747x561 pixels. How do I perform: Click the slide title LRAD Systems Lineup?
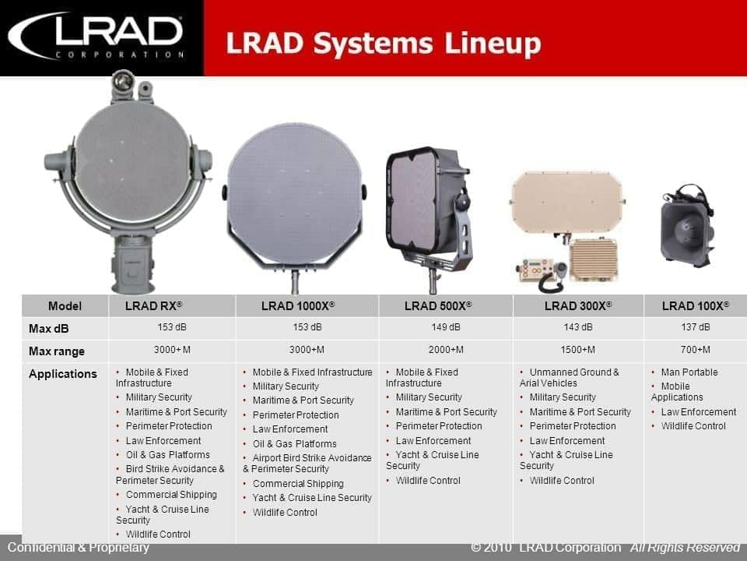pyautogui.click(x=384, y=43)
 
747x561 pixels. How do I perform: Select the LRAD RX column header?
pyautogui.click(x=153, y=305)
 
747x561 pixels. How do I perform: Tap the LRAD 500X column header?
pyautogui.click(x=438, y=305)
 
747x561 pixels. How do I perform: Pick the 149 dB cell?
pyautogui.click(x=445, y=327)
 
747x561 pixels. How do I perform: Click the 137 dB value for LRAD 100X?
pyautogui.click(x=695, y=327)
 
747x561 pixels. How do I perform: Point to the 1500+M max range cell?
pyautogui.click(x=577, y=350)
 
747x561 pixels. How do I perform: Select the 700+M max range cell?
pyautogui.click(x=695, y=350)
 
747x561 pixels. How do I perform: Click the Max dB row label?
pyautogui.click(x=48, y=329)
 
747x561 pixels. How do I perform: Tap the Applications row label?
pyautogui.click(x=63, y=374)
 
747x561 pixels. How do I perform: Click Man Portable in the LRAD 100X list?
pyautogui.click(x=689, y=372)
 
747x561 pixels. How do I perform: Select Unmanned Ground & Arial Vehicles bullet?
pyautogui.click(x=570, y=377)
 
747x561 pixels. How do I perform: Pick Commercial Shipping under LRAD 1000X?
pyautogui.click(x=298, y=484)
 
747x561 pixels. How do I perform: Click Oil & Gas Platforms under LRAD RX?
pyautogui.click(x=167, y=454)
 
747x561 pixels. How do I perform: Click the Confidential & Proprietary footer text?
pyautogui.click(x=78, y=547)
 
